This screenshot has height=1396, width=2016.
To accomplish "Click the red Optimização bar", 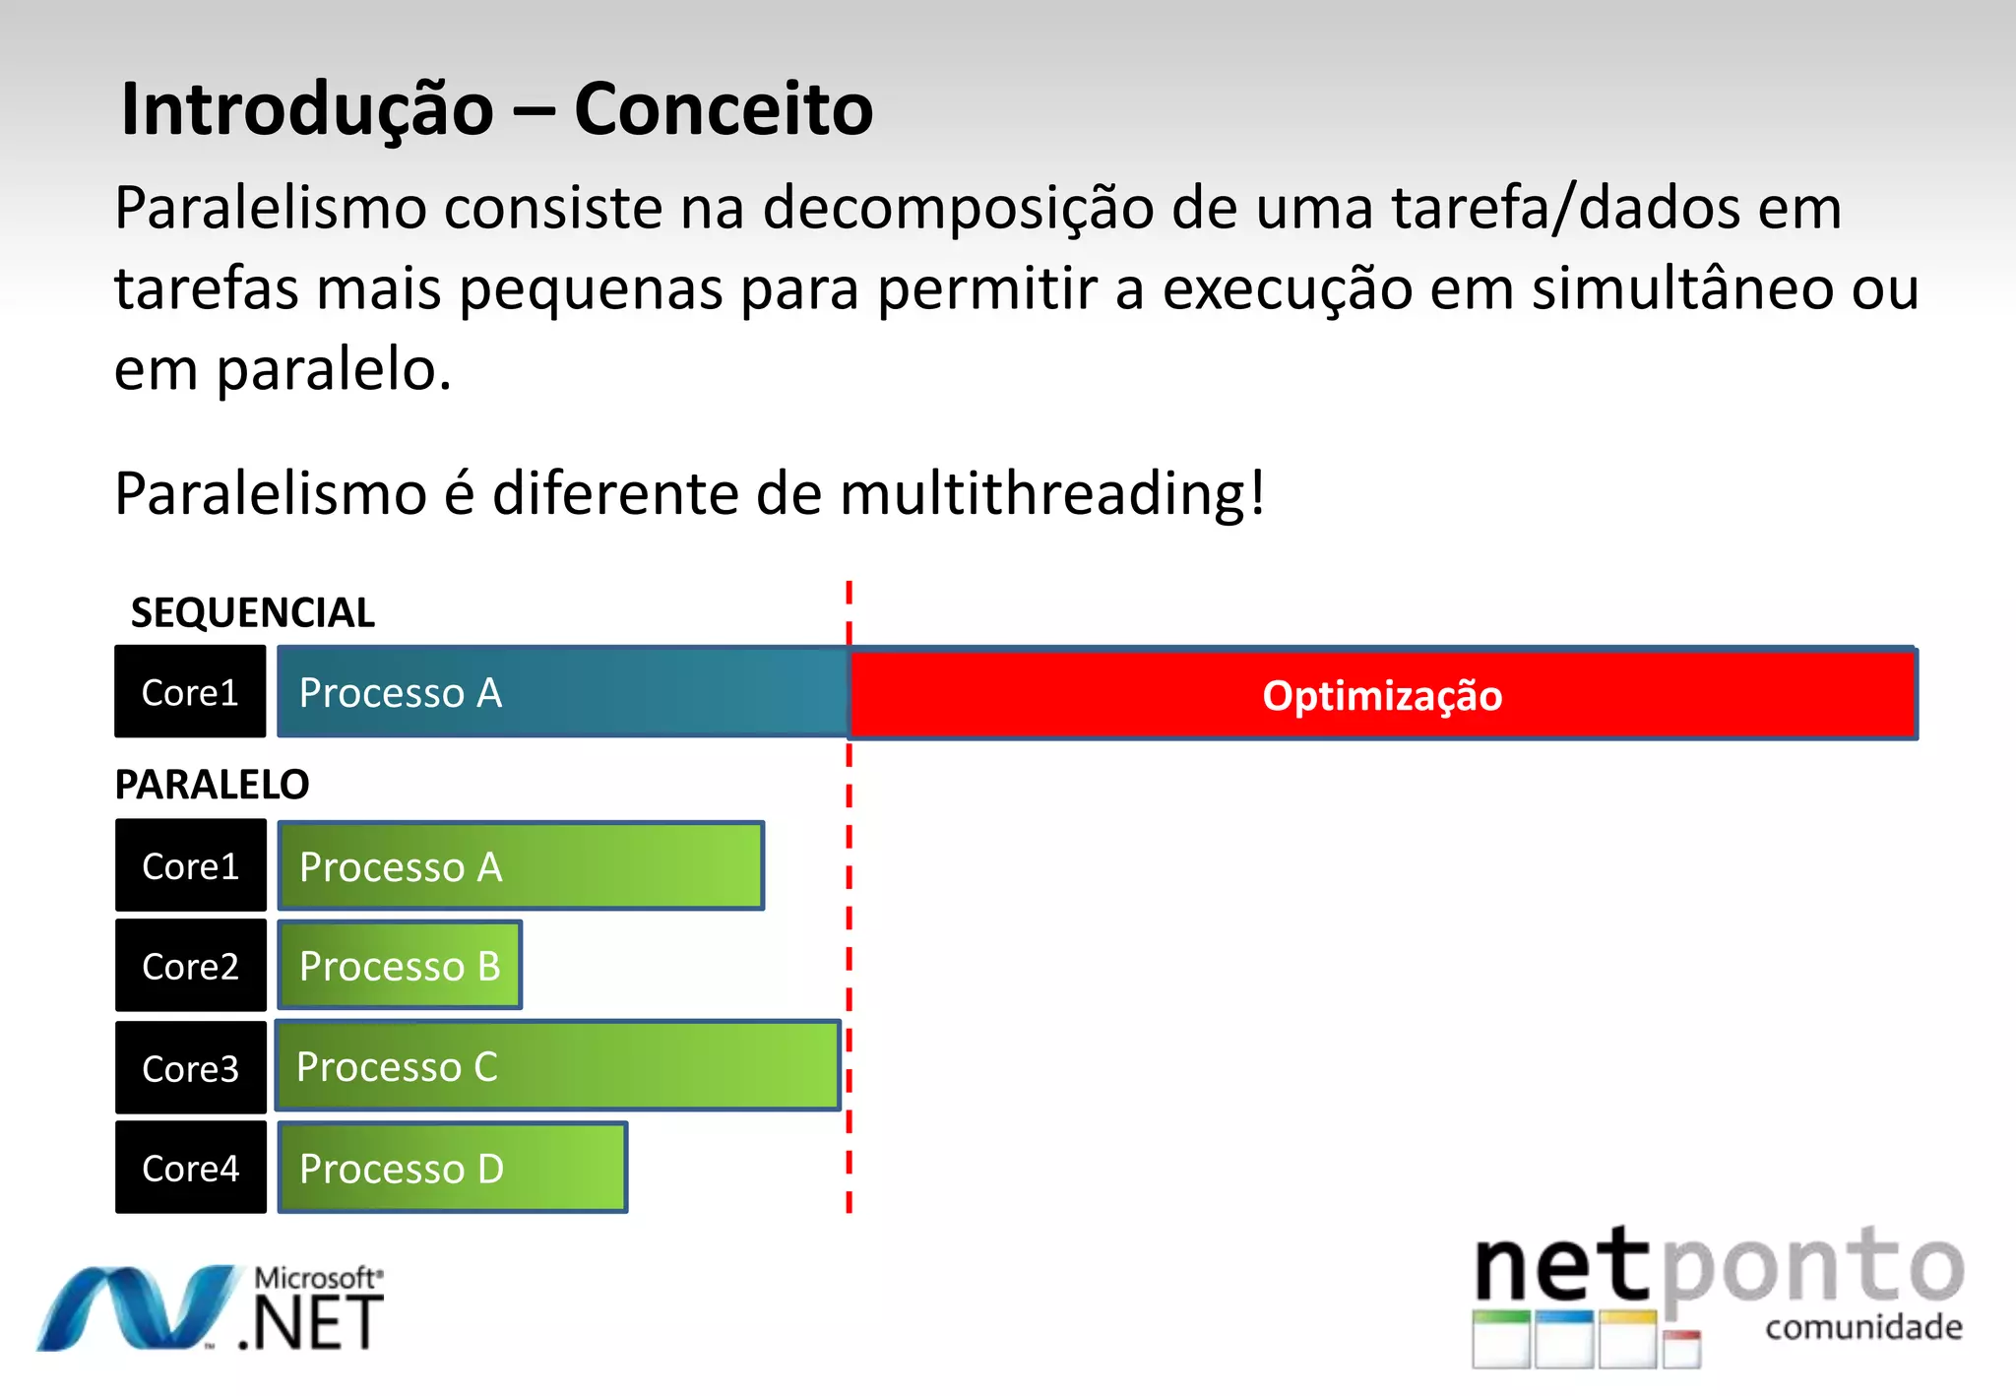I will coord(1382,694).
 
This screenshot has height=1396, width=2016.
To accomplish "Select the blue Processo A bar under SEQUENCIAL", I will coord(561,692).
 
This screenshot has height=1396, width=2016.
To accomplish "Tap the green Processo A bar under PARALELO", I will coord(521,866).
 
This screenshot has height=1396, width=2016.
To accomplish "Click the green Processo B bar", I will coord(400,966).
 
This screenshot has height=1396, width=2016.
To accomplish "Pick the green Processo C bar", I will coord(557,1066).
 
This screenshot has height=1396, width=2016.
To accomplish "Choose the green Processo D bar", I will coord(452,1168).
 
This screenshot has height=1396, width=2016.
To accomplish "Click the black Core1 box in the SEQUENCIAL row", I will coord(190,692).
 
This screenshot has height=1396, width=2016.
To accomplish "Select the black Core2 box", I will coord(190,966).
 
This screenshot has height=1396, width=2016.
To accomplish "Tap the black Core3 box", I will coord(190,1068).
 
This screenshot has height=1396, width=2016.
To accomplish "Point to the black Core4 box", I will coord(190,1168).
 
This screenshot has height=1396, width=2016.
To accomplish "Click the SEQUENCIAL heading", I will coord(252,612).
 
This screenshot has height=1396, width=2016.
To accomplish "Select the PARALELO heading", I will coord(212,785).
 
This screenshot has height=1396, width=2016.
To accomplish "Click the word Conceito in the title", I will coord(723,108).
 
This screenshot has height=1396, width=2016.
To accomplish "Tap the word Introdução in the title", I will coord(307,108).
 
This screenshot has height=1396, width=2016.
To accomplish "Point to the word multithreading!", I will coord(1052,492).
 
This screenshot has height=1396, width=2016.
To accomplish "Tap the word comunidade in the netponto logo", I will coord(1863,1327).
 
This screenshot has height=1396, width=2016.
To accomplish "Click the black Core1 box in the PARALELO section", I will coord(190,866).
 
